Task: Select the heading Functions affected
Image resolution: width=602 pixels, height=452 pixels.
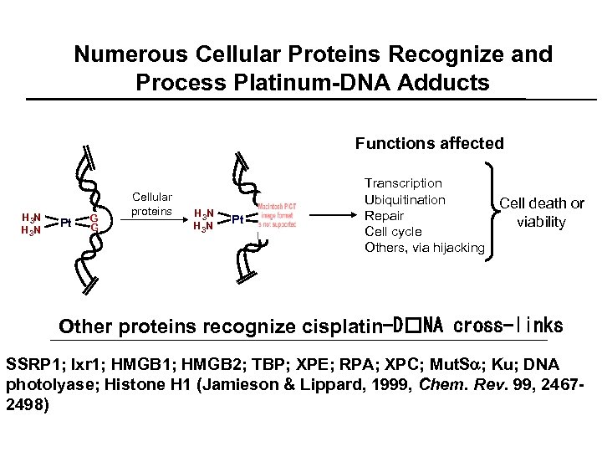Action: click(429, 143)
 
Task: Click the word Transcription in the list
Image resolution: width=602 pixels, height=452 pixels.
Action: click(404, 182)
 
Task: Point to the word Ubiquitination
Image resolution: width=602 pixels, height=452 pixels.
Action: click(406, 199)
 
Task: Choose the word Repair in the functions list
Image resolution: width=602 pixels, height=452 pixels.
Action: click(385, 215)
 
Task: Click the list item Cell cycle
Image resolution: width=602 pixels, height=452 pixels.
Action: click(394, 231)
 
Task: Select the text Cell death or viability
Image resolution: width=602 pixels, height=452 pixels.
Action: click(542, 213)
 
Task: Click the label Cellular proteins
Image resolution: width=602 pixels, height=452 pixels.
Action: click(151, 204)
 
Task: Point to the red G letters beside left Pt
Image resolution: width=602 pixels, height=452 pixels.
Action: click(94, 223)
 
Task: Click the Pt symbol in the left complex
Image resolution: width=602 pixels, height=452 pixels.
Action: click(65, 223)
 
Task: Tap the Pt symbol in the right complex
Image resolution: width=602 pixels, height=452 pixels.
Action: click(237, 219)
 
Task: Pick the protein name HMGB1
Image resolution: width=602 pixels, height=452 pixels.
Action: click(140, 366)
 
